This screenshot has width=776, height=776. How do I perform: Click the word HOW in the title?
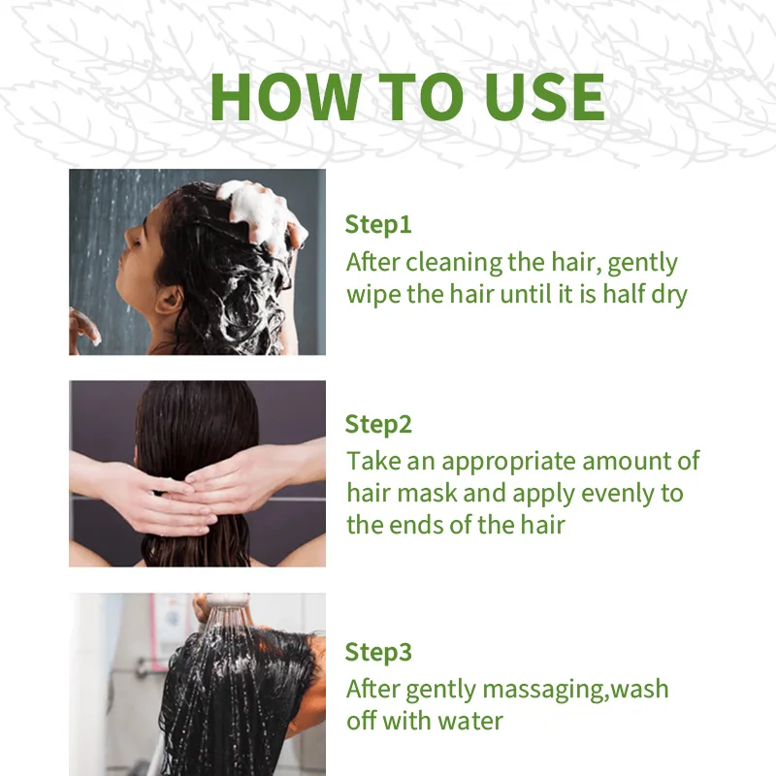click(285, 96)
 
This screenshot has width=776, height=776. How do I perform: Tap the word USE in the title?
click(544, 96)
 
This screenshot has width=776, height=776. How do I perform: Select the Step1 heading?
click(378, 225)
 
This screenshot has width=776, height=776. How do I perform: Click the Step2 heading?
click(378, 425)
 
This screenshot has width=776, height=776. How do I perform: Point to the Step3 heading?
click(378, 652)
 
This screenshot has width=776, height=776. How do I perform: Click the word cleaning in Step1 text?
click(454, 263)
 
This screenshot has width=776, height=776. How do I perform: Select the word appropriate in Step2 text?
click(508, 463)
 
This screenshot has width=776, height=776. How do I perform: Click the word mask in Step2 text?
click(427, 494)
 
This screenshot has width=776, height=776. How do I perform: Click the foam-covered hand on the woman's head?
click(262, 212)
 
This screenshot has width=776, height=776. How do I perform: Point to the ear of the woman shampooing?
click(168, 301)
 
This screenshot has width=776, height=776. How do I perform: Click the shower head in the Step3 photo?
click(228, 601)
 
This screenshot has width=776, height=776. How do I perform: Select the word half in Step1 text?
click(624, 294)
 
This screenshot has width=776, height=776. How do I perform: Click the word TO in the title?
click(422, 96)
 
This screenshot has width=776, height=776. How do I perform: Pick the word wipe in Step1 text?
click(373, 296)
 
